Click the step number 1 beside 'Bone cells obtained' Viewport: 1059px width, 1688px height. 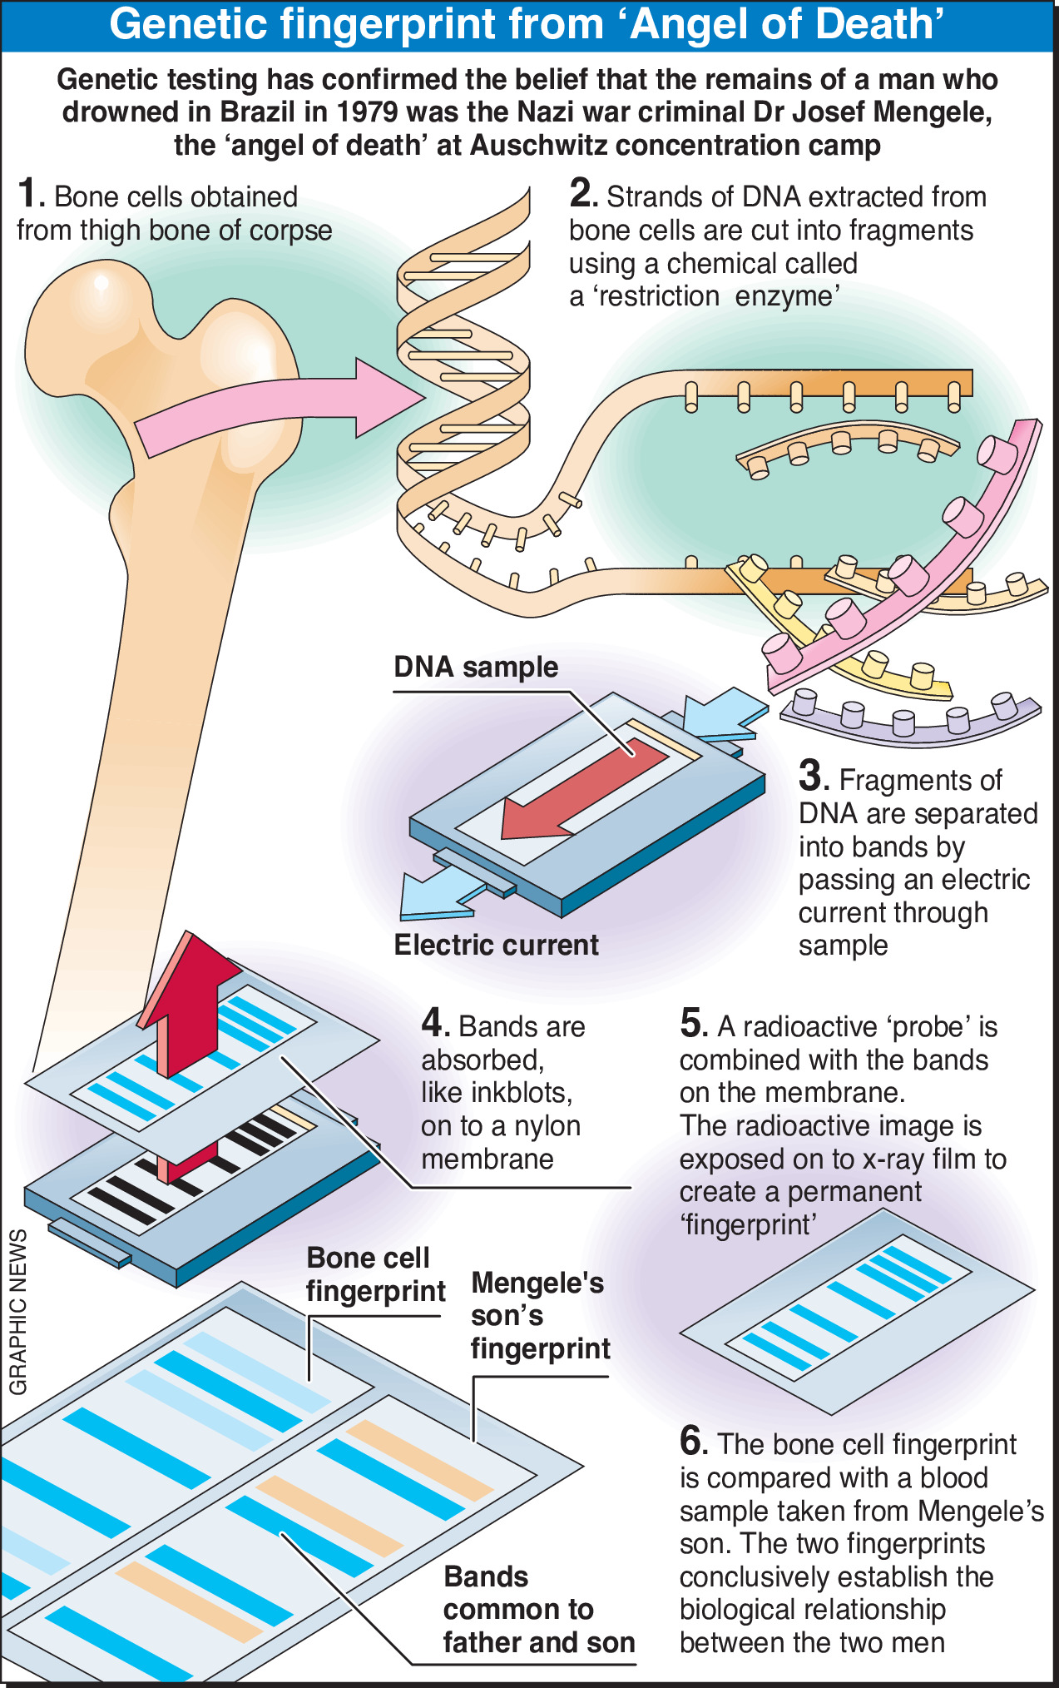pyautogui.click(x=30, y=195)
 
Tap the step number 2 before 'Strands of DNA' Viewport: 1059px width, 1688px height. pyautogui.click(x=582, y=195)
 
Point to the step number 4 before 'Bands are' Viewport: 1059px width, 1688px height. pyautogui.click(x=435, y=1024)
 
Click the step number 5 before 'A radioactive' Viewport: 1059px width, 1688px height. pyautogui.click(x=693, y=1025)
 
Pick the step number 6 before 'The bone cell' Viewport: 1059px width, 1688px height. pyautogui.click(x=693, y=1442)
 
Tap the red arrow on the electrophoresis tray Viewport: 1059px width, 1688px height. pyautogui.click(x=582, y=791)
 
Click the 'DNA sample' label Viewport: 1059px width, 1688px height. pyautogui.click(x=476, y=668)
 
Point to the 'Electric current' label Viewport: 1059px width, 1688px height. pyautogui.click(x=496, y=946)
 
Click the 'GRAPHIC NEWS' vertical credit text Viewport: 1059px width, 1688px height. pyautogui.click(x=18, y=1312)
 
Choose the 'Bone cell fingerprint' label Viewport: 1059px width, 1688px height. pyautogui.click(x=375, y=1274)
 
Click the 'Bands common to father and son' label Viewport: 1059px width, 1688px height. pyautogui.click(x=538, y=1610)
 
